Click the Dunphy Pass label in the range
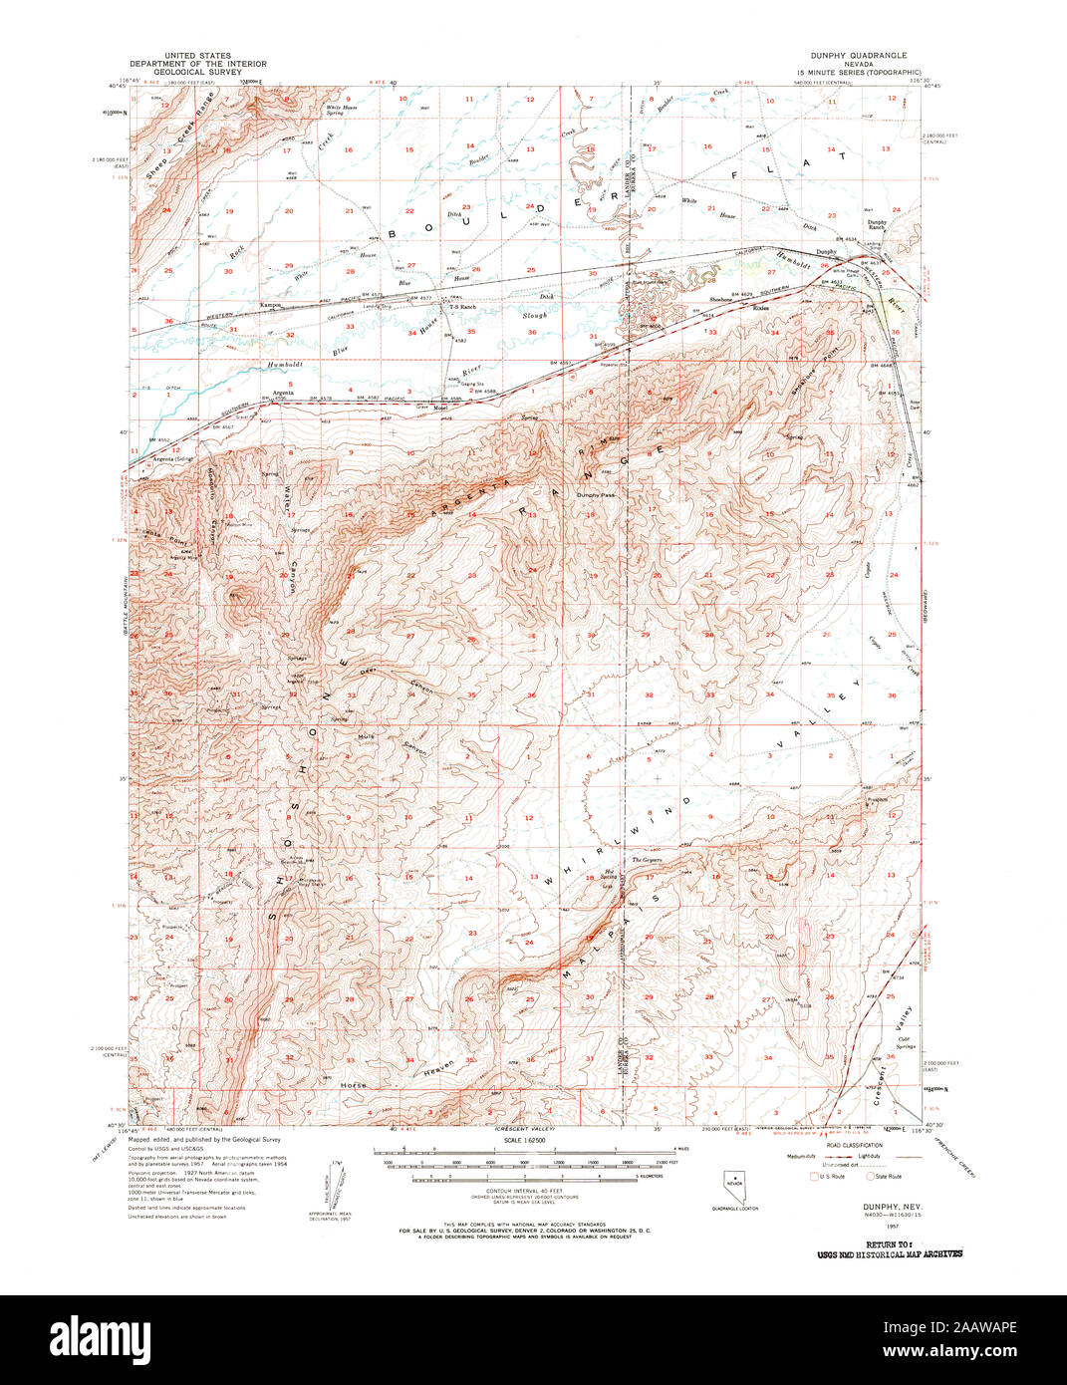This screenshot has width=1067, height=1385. pos(594,495)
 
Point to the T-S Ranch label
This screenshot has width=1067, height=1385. pos(462,307)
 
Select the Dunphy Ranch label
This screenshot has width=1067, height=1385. pos(877,225)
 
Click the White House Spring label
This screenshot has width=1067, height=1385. pos(336,111)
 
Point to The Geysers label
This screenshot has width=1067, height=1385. pos(647,860)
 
